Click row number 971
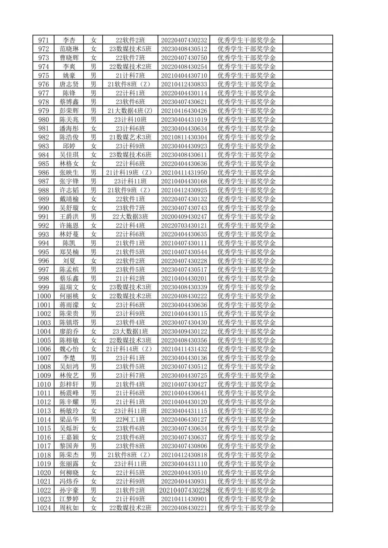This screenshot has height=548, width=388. pyautogui.click(x=43, y=40)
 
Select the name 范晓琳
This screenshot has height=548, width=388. pyautogui.click(x=69, y=49)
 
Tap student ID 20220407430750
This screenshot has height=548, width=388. pyautogui.click(x=184, y=58)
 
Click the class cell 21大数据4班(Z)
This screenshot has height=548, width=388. pyautogui.click(x=130, y=111)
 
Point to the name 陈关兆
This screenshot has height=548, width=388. pyautogui.click(x=69, y=120)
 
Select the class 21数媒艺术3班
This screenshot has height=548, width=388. pyautogui.click(x=130, y=137)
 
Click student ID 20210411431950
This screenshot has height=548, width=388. pyautogui.click(x=184, y=173)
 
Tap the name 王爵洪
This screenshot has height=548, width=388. pyautogui.click(x=69, y=217)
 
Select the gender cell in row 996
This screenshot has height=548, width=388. pyautogui.click(x=93, y=261)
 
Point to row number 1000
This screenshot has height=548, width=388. pyautogui.click(x=43, y=296)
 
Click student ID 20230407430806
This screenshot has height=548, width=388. pyautogui.click(x=184, y=446)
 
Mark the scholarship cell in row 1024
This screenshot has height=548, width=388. pyautogui.click(x=246, y=508)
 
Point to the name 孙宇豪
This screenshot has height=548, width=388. pyautogui.click(x=69, y=490)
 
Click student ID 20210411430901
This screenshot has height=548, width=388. pyautogui.click(x=184, y=499)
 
